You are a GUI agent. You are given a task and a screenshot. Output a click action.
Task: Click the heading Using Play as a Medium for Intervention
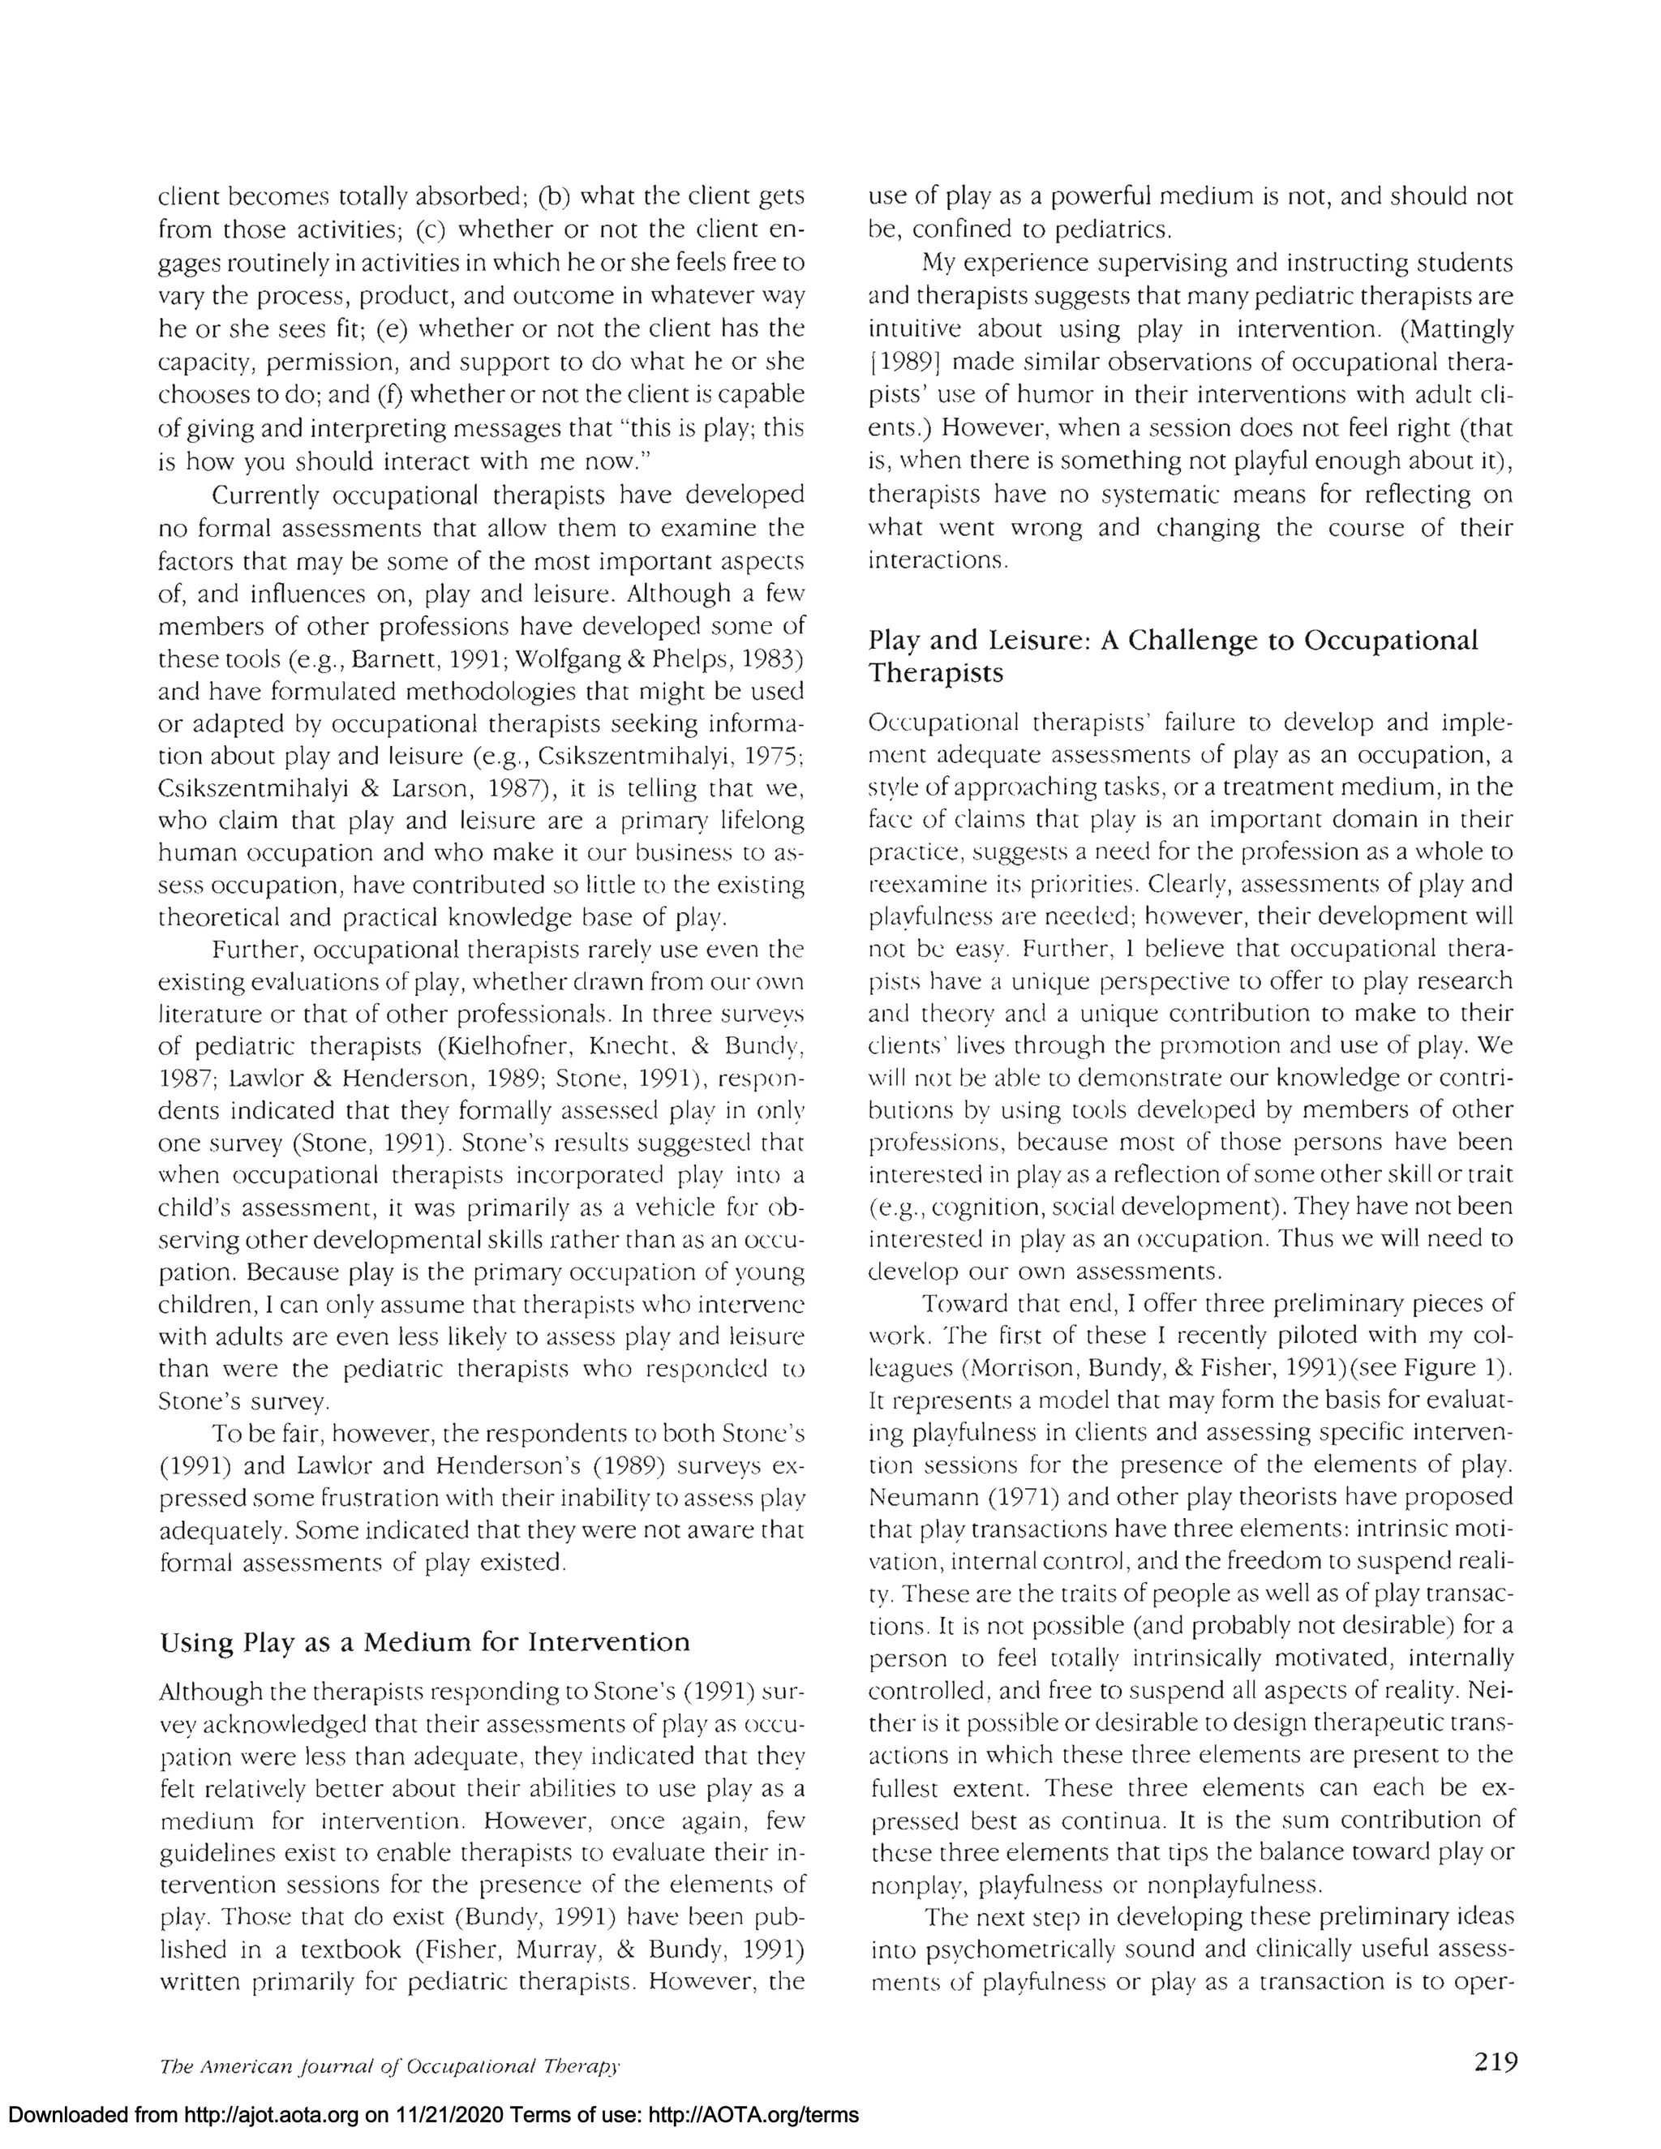(x=424, y=1642)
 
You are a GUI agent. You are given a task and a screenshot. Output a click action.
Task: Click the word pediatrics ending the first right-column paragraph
(x=1112, y=230)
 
